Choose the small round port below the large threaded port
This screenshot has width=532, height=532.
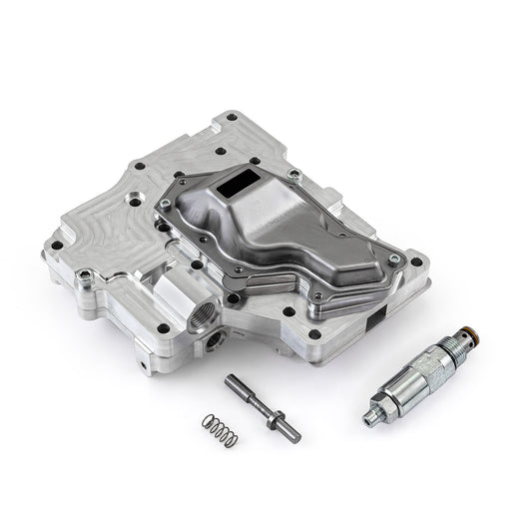click(x=213, y=348)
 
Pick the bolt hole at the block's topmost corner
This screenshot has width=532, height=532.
click(x=232, y=117)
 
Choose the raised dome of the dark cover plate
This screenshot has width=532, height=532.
click(x=289, y=215)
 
